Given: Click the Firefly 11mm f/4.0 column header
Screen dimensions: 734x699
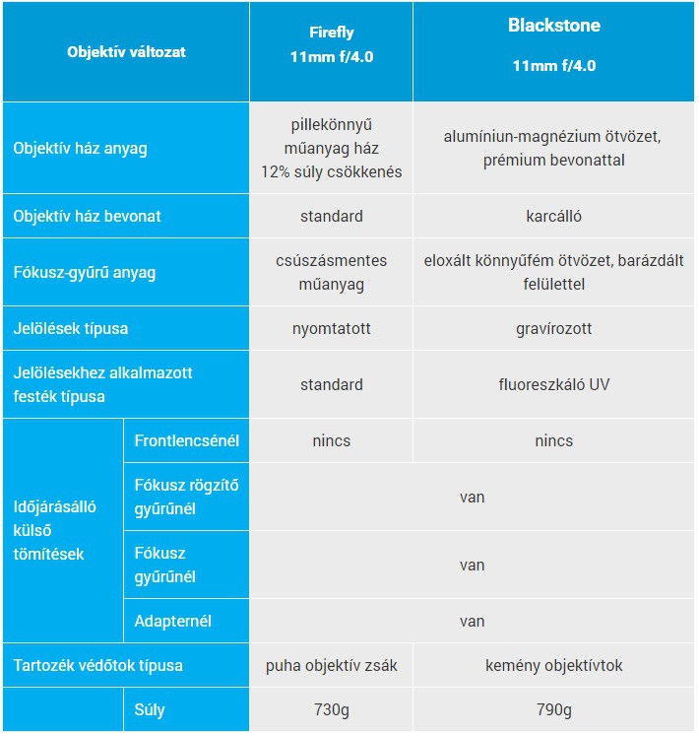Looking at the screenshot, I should (331, 46).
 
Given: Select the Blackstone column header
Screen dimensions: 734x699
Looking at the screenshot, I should (553, 45).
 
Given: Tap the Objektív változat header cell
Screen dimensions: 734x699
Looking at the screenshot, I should (126, 51).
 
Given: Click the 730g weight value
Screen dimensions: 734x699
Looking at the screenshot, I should (331, 709).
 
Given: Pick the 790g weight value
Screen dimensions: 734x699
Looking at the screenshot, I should (553, 709).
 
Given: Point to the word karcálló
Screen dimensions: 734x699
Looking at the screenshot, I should (553, 216).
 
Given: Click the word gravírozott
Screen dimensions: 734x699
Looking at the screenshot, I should (553, 328).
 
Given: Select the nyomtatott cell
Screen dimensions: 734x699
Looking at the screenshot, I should (331, 328).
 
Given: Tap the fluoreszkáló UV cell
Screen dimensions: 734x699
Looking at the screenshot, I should (553, 384).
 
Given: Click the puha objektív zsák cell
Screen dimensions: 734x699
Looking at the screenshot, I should (331, 665).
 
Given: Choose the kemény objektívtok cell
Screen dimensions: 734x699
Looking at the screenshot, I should (553, 665).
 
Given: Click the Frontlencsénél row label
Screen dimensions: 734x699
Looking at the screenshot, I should (186, 440).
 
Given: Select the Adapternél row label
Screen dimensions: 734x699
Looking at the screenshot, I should (172, 621).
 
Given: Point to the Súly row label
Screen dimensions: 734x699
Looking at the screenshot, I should (151, 709).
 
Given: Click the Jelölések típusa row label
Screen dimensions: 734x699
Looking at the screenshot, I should (71, 328).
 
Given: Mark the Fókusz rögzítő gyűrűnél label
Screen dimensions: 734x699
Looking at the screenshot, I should (186, 497).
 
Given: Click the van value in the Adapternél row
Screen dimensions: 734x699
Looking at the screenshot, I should (472, 621).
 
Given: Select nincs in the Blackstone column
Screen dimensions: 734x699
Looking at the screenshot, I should (553, 440).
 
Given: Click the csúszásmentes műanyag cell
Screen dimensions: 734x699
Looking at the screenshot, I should (331, 272).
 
